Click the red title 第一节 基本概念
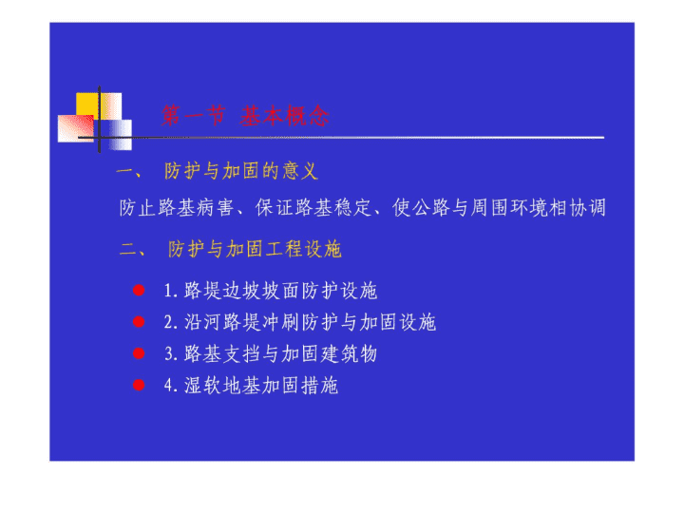(x=246, y=116)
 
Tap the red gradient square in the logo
(x=75, y=128)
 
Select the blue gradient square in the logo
(x=116, y=135)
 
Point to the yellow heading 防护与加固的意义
(x=241, y=171)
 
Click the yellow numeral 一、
(x=129, y=172)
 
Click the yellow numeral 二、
(x=133, y=250)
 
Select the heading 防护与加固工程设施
(x=255, y=249)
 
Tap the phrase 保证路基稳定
(x=313, y=208)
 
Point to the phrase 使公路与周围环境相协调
(x=499, y=208)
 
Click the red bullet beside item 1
(x=139, y=290)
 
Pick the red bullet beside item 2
(x=139, y=322)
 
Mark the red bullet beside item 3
(x=139, y=353)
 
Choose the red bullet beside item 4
(x=139, y=385)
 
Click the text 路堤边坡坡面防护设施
(x=280, y=291)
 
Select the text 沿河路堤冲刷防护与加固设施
(x=310, y=322)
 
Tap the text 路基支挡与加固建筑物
(x=280, y=353)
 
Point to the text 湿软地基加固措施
(x=261, y=386)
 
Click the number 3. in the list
(x=171, y=354)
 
